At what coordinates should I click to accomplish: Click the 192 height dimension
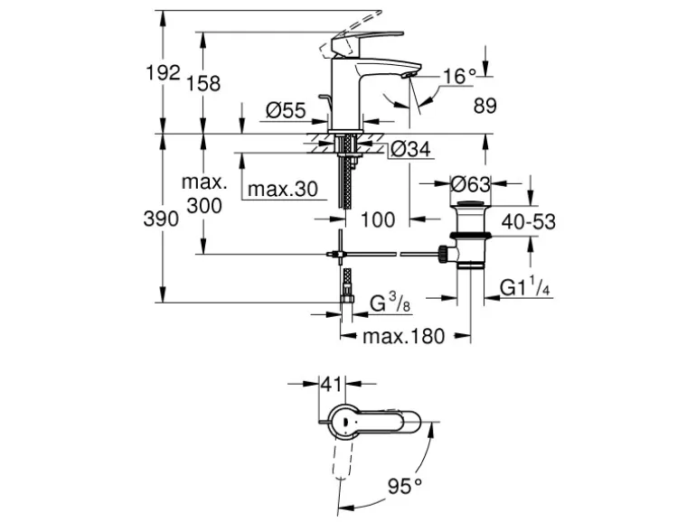coord(163,73)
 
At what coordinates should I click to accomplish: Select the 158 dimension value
coord(204,84)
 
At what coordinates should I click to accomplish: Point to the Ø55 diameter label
coord(287,111)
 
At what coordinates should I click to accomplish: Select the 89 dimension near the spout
coord(485,106)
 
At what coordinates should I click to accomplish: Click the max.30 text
coord(284,189)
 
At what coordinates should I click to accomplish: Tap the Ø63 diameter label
coord(470,184)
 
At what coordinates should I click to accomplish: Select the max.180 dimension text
coord(404,337)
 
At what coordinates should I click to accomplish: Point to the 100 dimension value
coord(377,219)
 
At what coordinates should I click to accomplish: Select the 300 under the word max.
coord(204,205)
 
